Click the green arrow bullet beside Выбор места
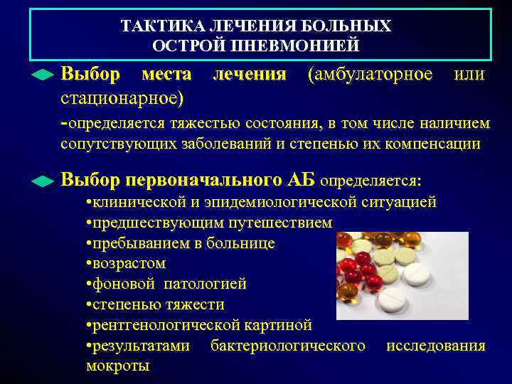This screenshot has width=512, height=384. coord(43,75)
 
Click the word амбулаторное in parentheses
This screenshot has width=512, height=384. coord(369,74)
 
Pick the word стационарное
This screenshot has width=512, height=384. coord(122,95)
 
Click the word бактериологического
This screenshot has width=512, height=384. coord(288,346)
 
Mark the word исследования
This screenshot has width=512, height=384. coord(435,346)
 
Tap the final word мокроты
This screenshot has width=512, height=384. coord(117,367)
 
